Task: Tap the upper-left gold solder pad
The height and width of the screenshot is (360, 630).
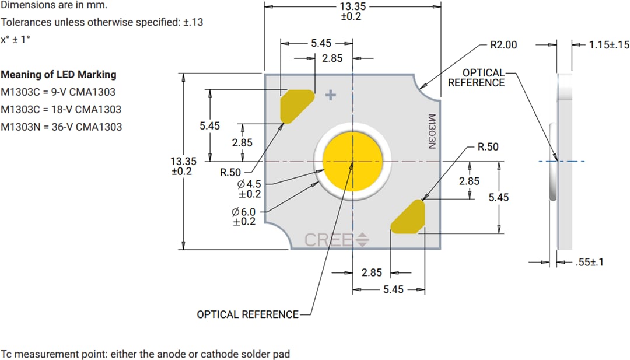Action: click(296, 106)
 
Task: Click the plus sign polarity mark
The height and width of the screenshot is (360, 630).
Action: click(331, 95)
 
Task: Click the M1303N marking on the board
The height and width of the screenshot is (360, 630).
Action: click(432, 132)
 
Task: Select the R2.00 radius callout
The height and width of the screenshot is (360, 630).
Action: click(503, 45)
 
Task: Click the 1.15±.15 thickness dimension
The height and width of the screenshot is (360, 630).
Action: click(609, 45)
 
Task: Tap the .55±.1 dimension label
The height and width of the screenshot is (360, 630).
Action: click(589, 263)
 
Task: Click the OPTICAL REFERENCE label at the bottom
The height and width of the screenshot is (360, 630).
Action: click(247, 314)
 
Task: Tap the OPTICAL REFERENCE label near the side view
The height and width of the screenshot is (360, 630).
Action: click(476, 78)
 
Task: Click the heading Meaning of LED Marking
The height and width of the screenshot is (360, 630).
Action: click(58, 75)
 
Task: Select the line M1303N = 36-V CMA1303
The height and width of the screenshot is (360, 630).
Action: click(61, 127)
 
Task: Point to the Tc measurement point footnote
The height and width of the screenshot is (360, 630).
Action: click(145, 354)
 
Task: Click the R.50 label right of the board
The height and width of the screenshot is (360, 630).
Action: click(488, 147)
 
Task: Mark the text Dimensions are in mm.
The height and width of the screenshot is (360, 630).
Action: click(54, 5)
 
